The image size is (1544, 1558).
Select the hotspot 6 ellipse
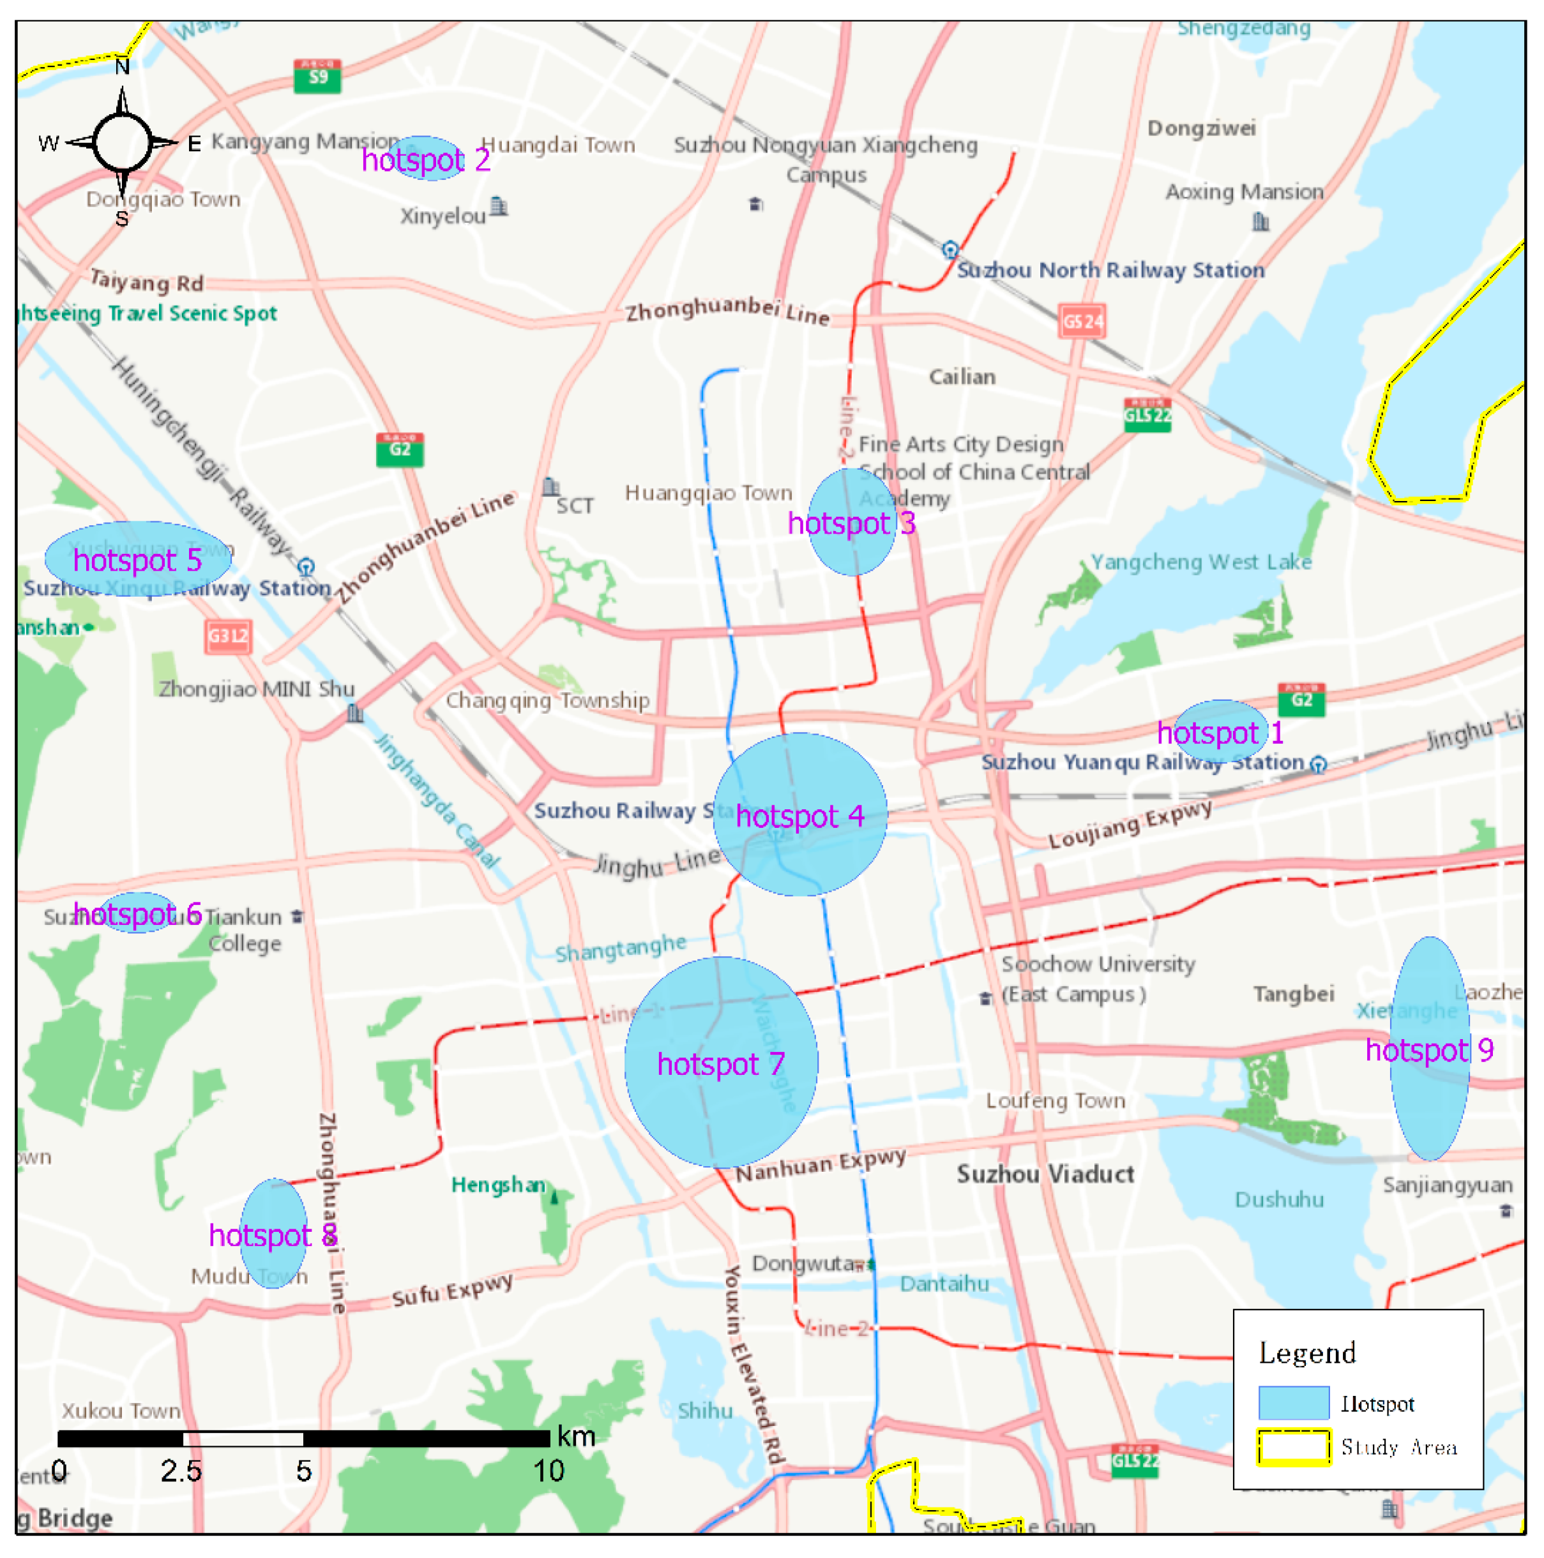point(138,912)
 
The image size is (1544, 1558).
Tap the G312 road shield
point(227,636)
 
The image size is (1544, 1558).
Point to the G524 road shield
point(1081,322)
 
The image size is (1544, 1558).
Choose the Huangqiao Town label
point(708,493)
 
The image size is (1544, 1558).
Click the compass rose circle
point(122,143)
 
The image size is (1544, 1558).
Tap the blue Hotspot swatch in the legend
point(1293,1402)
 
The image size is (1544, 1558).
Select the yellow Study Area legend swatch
point(1293,1447)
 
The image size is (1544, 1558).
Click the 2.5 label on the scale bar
point(181,1470)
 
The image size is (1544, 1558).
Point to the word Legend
point(1307,1352)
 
